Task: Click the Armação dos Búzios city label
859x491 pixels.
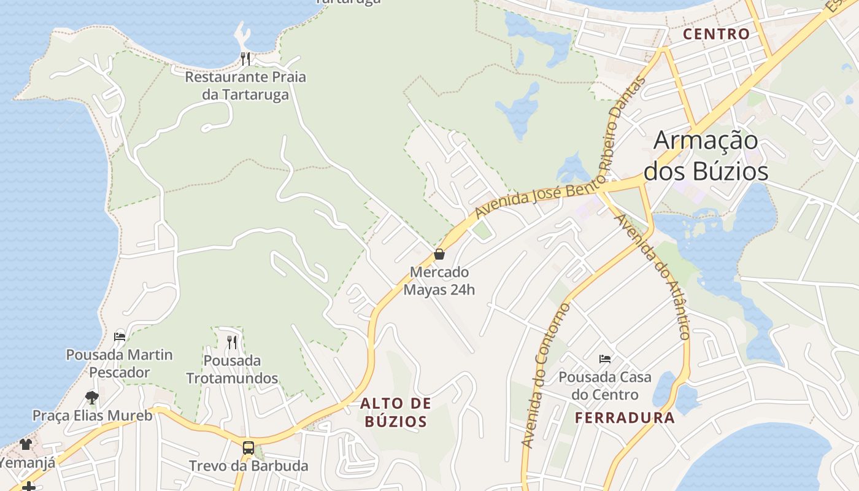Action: coord(706,156)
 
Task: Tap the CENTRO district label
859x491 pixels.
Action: coord(716,34)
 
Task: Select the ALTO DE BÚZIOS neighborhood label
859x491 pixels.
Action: coord(395,412)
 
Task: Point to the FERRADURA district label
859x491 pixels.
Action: coord(625,418)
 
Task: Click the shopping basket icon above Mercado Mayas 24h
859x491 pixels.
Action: coord(439,254)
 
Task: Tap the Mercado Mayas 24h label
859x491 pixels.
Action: coord(439,280)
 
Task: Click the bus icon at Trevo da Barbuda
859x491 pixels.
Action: coord(248,447)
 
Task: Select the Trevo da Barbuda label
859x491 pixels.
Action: coord(248,465)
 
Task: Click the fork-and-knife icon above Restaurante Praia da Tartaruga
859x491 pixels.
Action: coord(245,59)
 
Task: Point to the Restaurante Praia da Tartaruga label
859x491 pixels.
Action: coord(245,86)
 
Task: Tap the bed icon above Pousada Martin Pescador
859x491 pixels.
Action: coord(120,336)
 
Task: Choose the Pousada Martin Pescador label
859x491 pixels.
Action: coord(120,363)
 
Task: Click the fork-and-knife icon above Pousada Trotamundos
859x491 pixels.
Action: coord(232,342)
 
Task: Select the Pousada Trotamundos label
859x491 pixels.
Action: coord(232,369)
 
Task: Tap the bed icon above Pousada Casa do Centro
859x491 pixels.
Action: coord(605,358)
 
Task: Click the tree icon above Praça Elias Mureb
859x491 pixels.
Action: coord(92,397)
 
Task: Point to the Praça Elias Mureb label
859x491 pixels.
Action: coord(92,416)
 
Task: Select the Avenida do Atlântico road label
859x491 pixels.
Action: coord(654,276)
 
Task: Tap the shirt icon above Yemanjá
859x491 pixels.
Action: coord(26,444)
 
